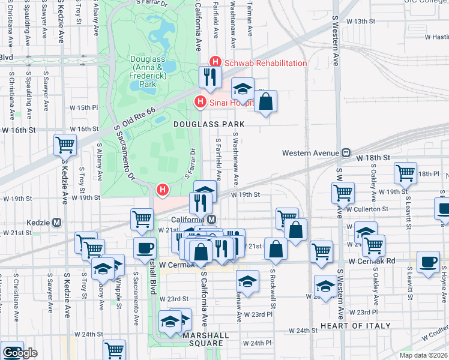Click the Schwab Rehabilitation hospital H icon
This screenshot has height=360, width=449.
coord(215,62)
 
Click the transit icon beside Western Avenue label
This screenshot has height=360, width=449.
coord(346,152)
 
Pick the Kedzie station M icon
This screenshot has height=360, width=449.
coord(57,222)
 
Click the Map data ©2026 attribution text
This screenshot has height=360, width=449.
coord(424,355)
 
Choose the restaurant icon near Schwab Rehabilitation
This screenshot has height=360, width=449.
coord(210,76)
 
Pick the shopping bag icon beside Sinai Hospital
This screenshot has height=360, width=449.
coord(266,101)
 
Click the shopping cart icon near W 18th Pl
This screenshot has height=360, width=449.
coord(406,173)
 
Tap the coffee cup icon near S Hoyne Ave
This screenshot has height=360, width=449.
coord(427,262)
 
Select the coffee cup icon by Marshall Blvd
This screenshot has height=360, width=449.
coord(145,248)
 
